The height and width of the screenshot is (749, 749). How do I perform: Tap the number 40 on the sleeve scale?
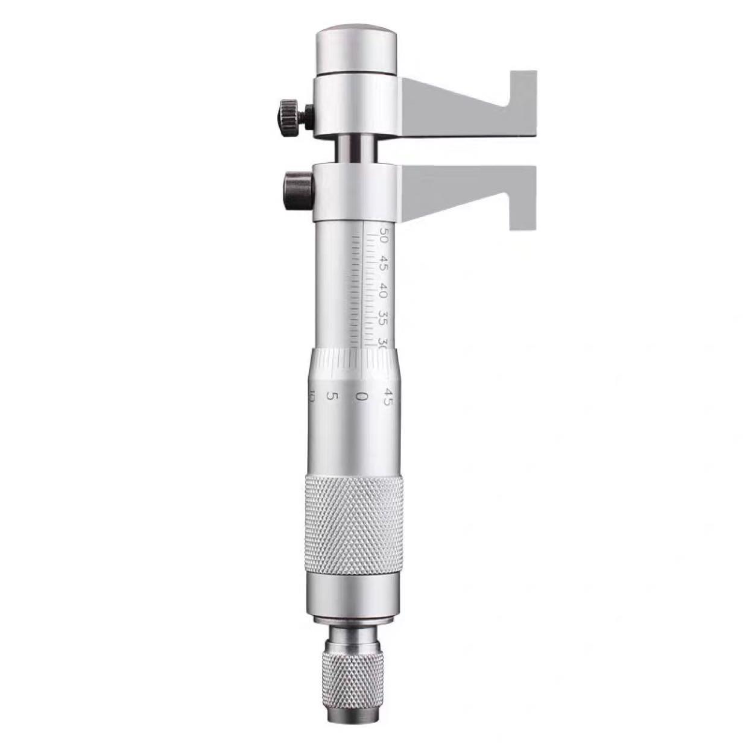pos(384,292)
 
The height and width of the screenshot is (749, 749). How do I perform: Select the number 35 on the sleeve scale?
pos(384,318)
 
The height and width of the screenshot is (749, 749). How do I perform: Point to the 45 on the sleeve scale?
pos(384,266)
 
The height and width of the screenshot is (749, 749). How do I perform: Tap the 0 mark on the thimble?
pos(362,396)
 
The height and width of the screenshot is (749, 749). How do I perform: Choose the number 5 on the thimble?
pos(331,396)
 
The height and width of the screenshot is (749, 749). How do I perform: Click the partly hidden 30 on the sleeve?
pos(382,341)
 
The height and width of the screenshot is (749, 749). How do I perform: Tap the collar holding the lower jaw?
pos(356,191)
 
